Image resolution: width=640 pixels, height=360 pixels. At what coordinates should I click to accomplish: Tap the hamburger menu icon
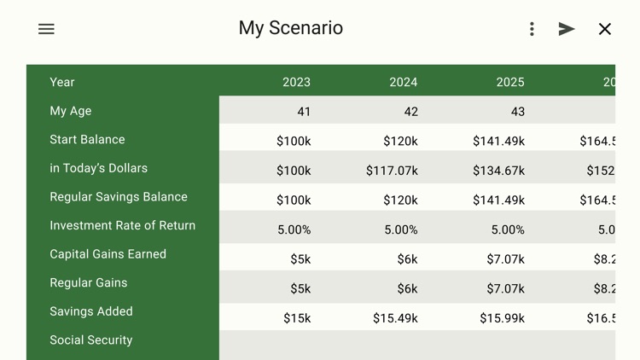[46, 29]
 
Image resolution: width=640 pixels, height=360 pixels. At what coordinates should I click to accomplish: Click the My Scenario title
[290, 28]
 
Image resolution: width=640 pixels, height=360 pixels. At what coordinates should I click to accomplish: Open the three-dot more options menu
[532, 29]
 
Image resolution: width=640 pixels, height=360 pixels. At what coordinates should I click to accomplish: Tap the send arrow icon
[567, 29]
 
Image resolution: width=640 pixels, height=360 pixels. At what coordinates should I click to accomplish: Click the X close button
[604, 29]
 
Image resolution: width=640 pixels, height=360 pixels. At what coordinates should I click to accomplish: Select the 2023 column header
[296, 83]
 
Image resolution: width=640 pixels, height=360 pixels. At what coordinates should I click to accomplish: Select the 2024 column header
[403, 83]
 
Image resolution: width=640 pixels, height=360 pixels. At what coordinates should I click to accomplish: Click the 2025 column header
[509, 83]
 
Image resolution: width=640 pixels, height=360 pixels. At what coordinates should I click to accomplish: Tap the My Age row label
[71, 111]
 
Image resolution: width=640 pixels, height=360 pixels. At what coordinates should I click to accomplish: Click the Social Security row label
[91, 340]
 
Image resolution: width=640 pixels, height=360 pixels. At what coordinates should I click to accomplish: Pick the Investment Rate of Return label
[123, 226]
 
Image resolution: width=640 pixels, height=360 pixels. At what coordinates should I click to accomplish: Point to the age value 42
[410, 112]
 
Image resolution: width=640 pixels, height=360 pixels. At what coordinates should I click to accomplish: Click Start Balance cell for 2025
[498, 142]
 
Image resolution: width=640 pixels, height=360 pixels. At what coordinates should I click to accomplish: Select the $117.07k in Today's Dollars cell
[392, 171]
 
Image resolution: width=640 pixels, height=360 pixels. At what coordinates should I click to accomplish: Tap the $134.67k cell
[498, 171]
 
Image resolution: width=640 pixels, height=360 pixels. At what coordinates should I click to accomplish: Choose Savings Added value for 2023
[297, 318]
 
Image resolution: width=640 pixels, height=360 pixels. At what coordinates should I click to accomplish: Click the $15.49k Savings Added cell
[395, 318]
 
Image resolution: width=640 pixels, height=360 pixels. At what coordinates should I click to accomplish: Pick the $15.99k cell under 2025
[502, 318]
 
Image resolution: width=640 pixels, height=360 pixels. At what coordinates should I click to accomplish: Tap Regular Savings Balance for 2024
[400, 200]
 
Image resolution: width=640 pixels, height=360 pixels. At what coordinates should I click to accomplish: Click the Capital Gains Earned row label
[108, 254]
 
